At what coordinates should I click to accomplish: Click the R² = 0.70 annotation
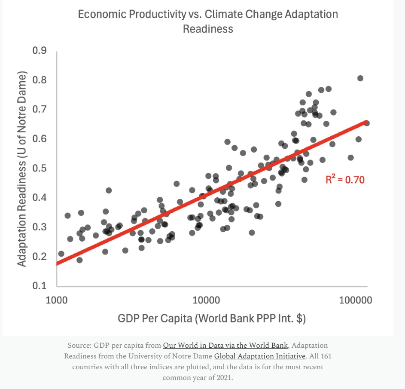pyautogui.click(x=345, y=179)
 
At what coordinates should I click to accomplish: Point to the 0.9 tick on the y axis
pyautogui.click(x=40, y=51)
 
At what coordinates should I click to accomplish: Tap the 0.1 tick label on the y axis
pyautogui.click(x=40, y=286)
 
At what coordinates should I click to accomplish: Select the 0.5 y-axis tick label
pyautogui.click(x=40, y=168)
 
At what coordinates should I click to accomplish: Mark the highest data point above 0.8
pyautogui.click(x=360, y=78)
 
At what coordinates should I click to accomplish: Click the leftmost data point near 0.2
pyautogui.click(x=61, y=254)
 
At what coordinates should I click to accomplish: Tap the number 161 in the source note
pyautogui.click(x=326, y=356)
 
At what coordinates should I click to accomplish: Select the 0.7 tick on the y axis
pyautogui.click(x=40, y=110)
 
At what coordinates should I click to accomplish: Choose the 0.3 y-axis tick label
pyautogui.click(x=40, y=227)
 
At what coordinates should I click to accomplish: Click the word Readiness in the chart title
pyautogui.click(x=208, y=29)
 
